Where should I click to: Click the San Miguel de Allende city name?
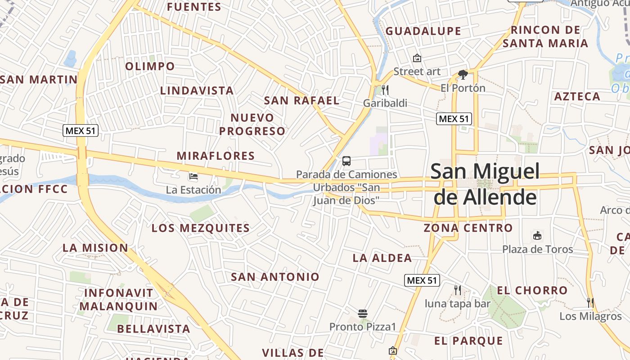(x=485, y=184)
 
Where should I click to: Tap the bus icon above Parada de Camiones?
(x=346, y=161)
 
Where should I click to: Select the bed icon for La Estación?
(x=193, y=176)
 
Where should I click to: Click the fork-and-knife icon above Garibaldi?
(x=385, y=90)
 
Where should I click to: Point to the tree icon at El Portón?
(x=463, y=75)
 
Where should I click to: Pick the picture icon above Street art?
(x=417, y=58)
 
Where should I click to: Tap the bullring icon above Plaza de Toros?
(x=537, y=235)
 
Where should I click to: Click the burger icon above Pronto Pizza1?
(x=363, y=313)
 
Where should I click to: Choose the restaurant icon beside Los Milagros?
(x=590, y=302)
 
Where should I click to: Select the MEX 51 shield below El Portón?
(x=454, y=119)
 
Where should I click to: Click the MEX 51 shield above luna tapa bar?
(x=422, y=280)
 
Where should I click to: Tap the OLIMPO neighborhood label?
(x=150, y=67)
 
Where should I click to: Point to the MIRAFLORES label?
(x=216, y=156)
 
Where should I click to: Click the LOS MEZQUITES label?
(x=200, y=228)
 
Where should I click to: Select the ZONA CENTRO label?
(x=468, y=228)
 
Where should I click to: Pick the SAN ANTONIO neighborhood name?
(x=275, y=277)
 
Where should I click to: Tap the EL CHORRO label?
(x=532, y=291)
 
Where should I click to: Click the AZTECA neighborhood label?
(x=577, y=96)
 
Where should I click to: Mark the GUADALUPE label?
(x=423, y=31)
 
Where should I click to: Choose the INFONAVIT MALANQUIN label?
(x=119, y=300)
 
